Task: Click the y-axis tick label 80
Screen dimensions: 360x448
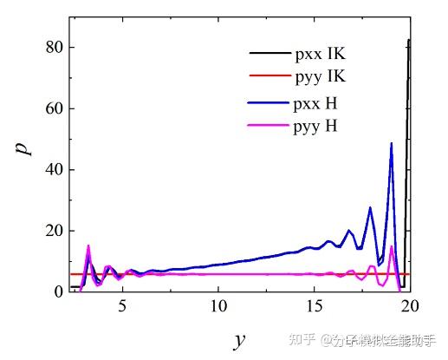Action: [54, 48]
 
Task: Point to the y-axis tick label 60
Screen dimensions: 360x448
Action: [54, 109]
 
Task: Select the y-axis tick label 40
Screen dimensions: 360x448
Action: [54, 170]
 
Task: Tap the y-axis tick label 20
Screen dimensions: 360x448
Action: [54, 231]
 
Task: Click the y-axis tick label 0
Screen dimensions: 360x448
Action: [58, 292]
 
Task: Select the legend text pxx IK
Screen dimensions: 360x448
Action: [319, 56]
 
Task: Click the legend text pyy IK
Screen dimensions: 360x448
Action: [319, 77]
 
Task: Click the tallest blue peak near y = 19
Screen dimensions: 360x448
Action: [391, 144]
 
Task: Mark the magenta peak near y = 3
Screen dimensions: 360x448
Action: [88, 246]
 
